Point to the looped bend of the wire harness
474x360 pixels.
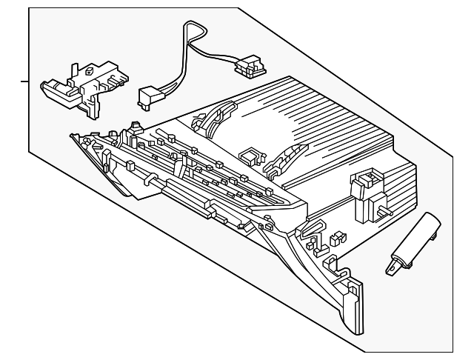[x=188, y=30]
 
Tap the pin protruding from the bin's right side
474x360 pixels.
[x=387, y=212]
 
